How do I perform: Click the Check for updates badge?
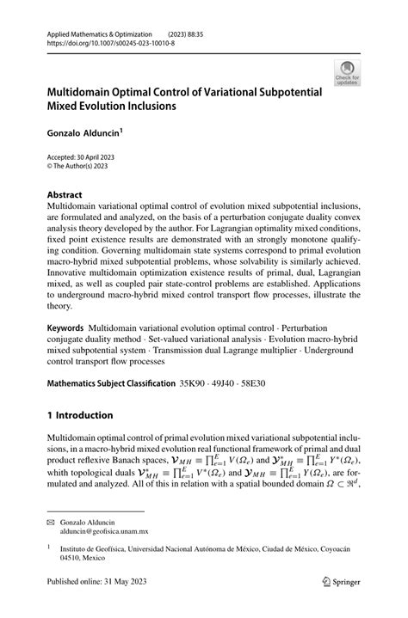[348, 73]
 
